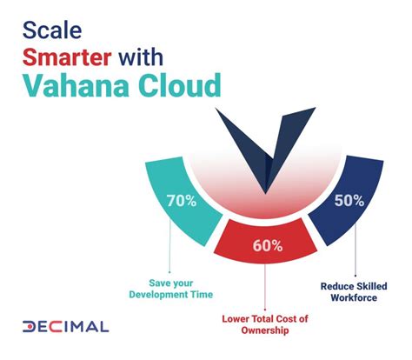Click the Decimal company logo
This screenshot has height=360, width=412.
65,328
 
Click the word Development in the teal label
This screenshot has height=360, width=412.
148,296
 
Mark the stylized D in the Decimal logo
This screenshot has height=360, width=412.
30,328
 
